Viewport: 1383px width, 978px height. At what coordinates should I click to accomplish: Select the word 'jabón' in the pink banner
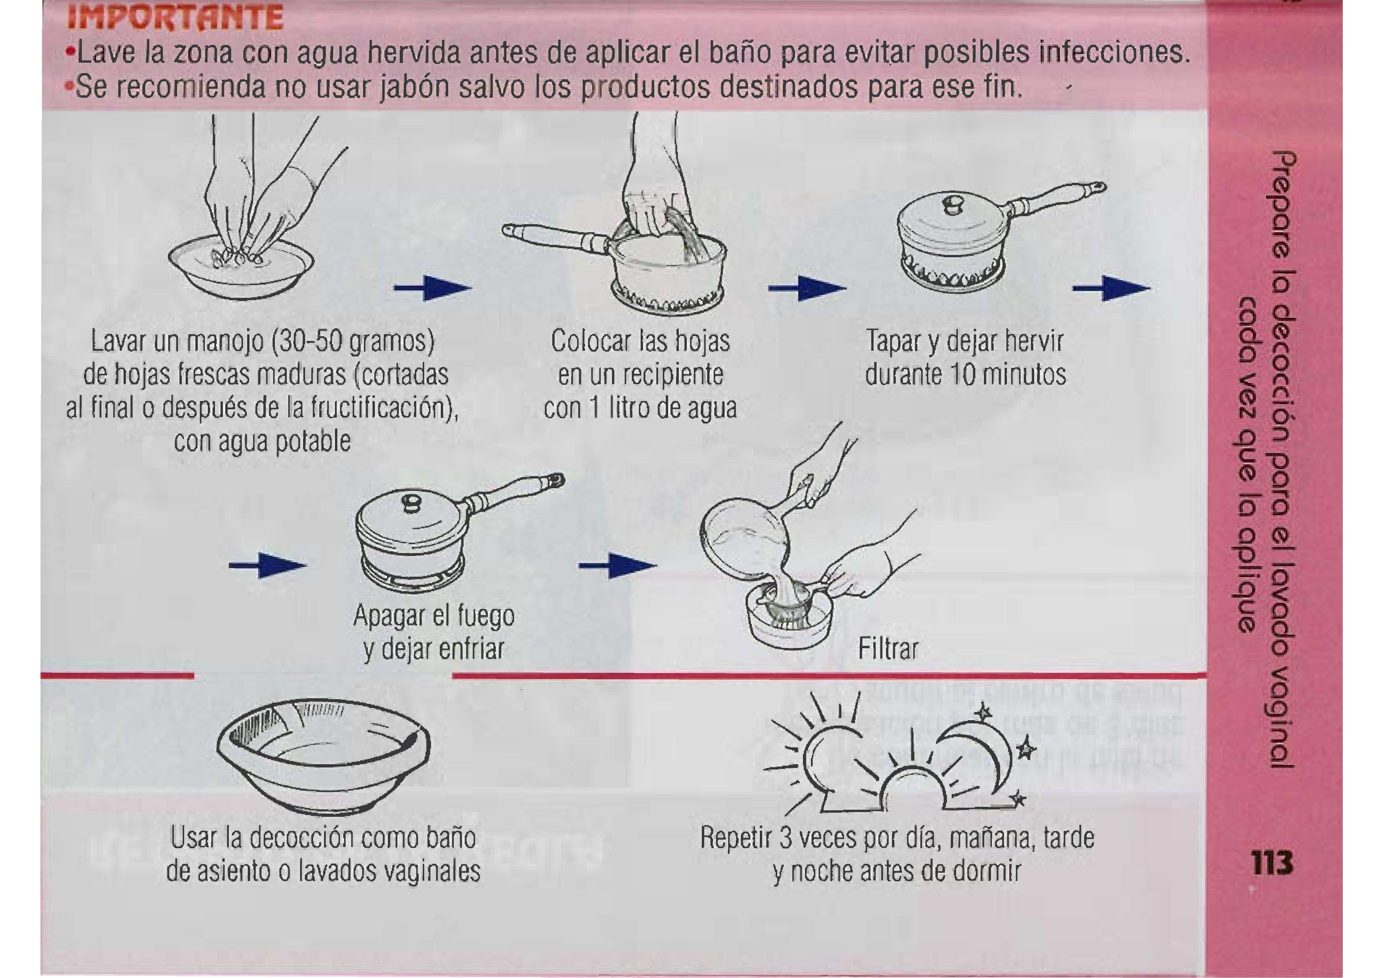pos(413,89)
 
